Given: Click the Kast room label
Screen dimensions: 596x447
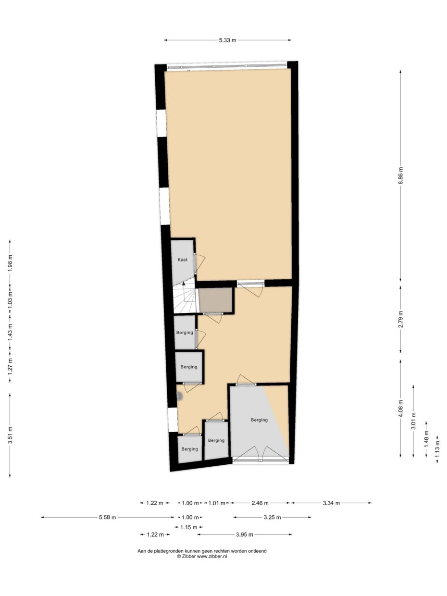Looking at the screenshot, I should point(182,260).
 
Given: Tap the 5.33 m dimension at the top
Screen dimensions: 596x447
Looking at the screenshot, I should point(227,40).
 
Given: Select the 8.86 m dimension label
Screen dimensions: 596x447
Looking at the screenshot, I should point(400,176).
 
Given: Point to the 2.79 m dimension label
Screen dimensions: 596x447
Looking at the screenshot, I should point(400,320).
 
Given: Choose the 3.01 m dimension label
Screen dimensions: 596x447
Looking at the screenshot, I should point(413,421).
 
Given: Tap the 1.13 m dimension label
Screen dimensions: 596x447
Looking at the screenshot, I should point(437,449).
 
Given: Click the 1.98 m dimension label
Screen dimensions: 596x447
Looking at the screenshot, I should point(11,263).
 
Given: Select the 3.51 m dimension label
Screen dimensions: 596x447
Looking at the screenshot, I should point(11,435).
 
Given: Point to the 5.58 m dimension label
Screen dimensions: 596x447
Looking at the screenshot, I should point(107,517).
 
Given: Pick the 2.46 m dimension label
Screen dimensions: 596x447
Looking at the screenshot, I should point(260,503).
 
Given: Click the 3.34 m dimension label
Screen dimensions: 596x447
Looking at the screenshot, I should point(331,503).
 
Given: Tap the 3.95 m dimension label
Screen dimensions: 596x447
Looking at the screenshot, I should point(244,534).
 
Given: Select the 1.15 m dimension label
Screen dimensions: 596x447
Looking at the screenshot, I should point(188,527).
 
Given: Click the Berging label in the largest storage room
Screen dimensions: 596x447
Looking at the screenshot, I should point(259,420).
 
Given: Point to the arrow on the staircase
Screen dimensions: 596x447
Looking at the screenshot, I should point(183,284).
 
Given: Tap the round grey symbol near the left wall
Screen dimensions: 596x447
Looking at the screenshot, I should point(179,397).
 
